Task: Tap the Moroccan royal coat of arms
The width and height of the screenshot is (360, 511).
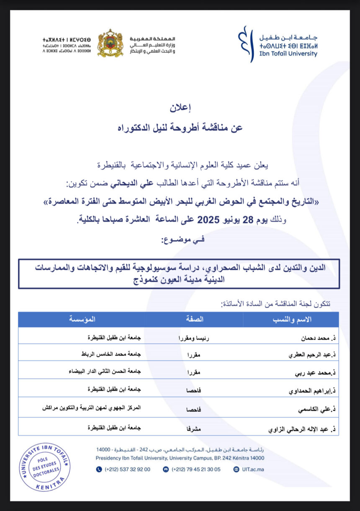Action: tap(110, 43)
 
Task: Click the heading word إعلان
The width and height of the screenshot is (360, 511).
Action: tap(180, 108)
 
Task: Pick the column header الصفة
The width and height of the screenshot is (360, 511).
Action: tap(194, 320)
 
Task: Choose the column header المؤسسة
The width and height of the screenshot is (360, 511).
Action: tap(82, 320)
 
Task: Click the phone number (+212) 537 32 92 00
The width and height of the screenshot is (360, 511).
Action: tap(127, 470)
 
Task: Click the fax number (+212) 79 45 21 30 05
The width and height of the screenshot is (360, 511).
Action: tap(195, 470)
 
